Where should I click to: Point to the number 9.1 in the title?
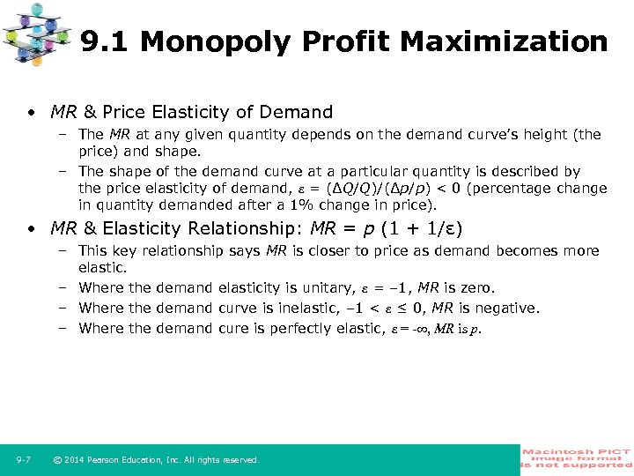click(x=105, y=42)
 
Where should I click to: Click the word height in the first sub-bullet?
click(x=557, y=135)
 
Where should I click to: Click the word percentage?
click(x=519, y=189)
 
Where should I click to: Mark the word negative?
click(x=507, y=308)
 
